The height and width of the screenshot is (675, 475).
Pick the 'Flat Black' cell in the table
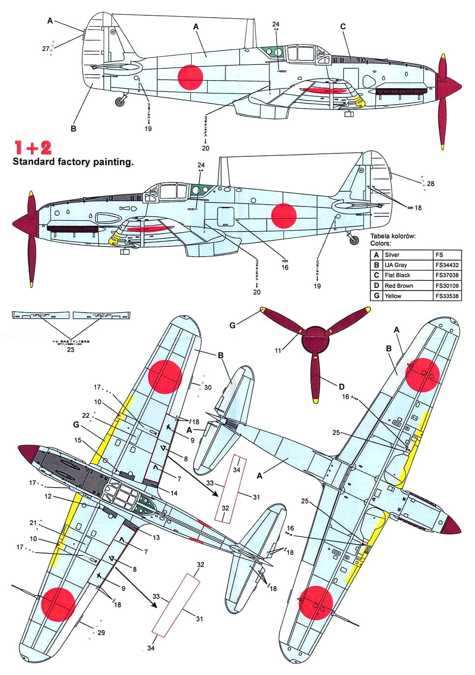pos(397,275)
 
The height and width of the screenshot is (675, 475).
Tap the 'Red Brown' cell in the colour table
pos(399,286)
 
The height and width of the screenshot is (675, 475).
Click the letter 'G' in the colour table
pos(376,296)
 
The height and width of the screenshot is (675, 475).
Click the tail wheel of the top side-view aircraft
pos(120,102)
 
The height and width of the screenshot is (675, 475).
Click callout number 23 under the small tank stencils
pos(70,350)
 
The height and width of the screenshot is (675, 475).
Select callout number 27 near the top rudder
pos(46,49)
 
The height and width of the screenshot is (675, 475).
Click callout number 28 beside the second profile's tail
pos(430,184)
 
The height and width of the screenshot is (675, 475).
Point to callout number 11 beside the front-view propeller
pos(278,351)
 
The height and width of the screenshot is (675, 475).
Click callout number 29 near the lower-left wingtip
pos(101,633)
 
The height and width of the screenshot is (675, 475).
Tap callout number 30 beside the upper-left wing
pos(208,387)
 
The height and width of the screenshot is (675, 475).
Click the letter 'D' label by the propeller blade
pos(341,387)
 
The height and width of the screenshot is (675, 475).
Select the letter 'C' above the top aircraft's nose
pos(343,27)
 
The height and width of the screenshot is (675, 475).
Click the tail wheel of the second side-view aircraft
pos(354,240)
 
